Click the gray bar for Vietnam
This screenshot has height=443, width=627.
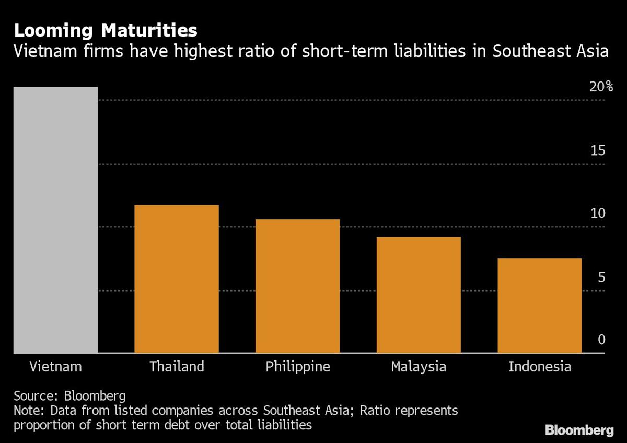tap(55, 220)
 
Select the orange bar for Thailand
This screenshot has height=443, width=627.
tap(177, 279)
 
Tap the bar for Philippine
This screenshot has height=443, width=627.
tap(297, 286)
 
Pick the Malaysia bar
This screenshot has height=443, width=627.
tap(419, 295)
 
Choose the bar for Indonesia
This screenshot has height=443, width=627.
tap(539, 306)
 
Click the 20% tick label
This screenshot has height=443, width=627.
tap(601, 87)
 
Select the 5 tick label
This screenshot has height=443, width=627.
tap(601, 277)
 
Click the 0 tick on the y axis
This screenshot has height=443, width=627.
tap(601, 340)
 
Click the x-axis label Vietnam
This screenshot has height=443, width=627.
tap(55, 367)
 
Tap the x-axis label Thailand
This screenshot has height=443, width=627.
tap(177, 367)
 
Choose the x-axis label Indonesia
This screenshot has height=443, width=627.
tap(539, 367)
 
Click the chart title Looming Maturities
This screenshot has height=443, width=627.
tap(106, 31)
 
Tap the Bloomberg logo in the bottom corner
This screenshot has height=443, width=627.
tap(579, 430)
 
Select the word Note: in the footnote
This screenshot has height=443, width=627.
tap(29, 411)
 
